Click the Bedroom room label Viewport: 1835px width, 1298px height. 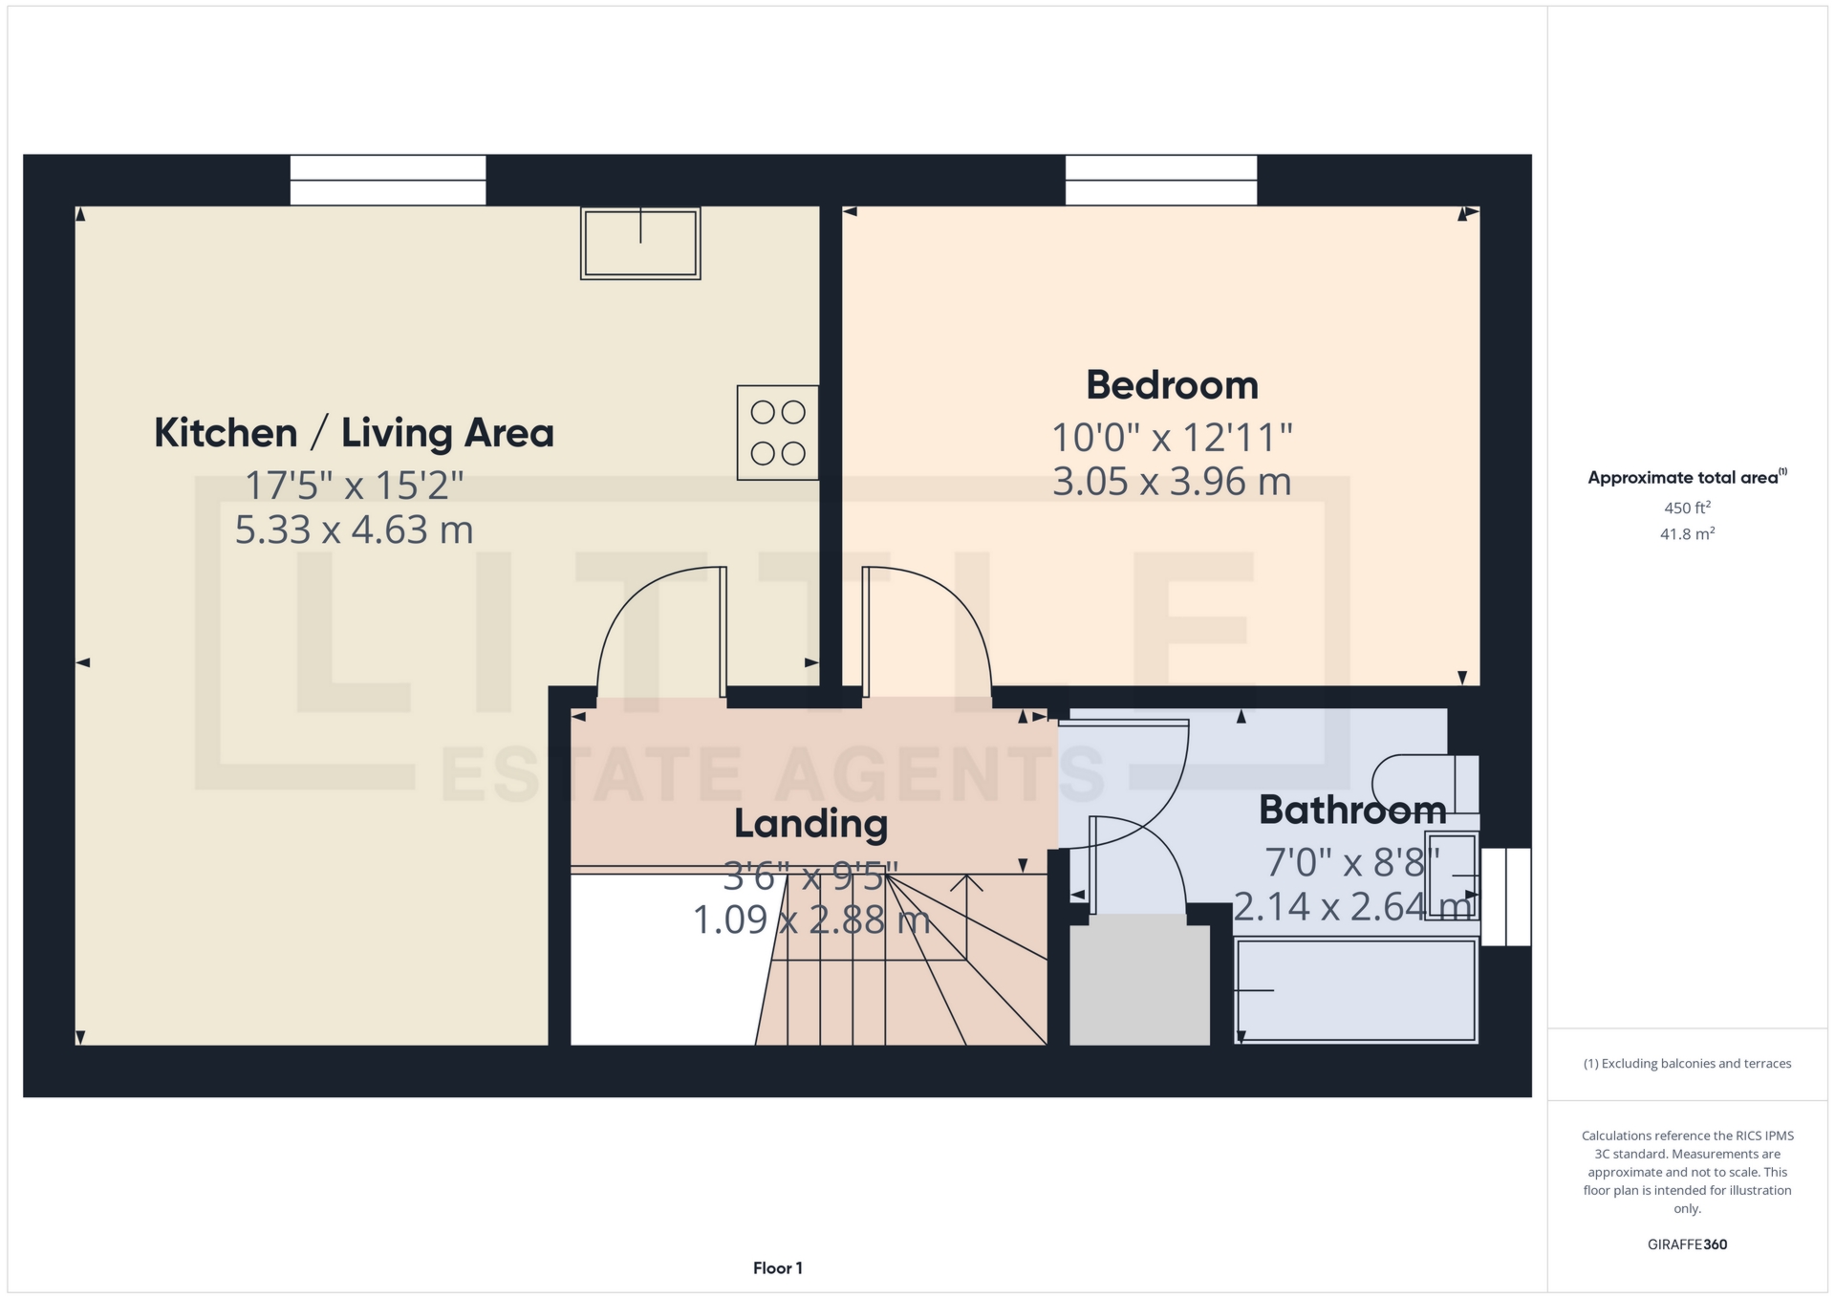[1172, 385]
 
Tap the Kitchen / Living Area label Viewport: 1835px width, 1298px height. [354, 433]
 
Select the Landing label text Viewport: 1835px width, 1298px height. [810, 824]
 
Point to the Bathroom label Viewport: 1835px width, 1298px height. [1351, 811]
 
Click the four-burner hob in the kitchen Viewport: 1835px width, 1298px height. [777, 433]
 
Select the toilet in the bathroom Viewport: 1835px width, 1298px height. [1424, 784]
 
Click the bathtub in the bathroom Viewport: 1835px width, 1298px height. [1355, 990]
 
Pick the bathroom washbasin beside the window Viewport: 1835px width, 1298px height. [1453, 876]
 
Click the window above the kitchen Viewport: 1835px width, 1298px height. [388, 180]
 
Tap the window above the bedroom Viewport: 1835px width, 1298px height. [1161, 180]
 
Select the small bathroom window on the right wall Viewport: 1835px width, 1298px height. [1506, 897]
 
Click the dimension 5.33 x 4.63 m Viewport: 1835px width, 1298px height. [354, 530]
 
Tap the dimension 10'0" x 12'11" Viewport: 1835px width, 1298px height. [1172, 438]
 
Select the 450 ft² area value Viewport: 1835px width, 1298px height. [1687, 508]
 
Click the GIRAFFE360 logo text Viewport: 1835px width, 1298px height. [1687, 1244]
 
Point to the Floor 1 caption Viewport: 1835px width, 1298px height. [777, 1268]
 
